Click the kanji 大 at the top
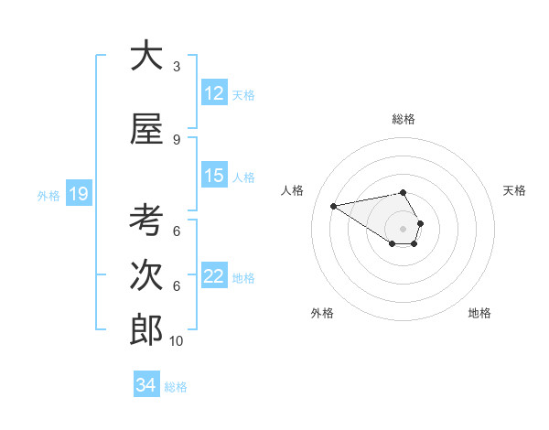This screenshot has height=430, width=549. (146, 56)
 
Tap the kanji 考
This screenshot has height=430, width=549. (146, 220)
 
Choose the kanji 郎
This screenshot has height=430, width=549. (146, 330)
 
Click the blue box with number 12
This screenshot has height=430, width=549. (214, 93)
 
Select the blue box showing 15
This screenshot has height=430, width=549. (214, 176)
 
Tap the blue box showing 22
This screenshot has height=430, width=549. (214, 276)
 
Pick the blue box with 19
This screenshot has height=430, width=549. (79, 194)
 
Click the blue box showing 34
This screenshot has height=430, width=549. (146, 385)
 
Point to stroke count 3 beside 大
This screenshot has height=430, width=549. (177, 67)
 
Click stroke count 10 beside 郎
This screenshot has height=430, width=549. (177, 341)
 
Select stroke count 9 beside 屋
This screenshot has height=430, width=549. (177, 140)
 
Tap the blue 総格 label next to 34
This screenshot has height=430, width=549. (176, 387)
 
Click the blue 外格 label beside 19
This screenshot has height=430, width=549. (48, 195)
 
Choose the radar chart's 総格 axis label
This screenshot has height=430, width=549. (404, 119)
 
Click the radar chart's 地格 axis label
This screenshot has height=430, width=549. (479, 313)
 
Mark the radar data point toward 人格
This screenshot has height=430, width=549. (333, 205)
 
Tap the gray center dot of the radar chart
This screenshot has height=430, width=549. (403, 228)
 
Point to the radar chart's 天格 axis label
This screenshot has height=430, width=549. (515, 190)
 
